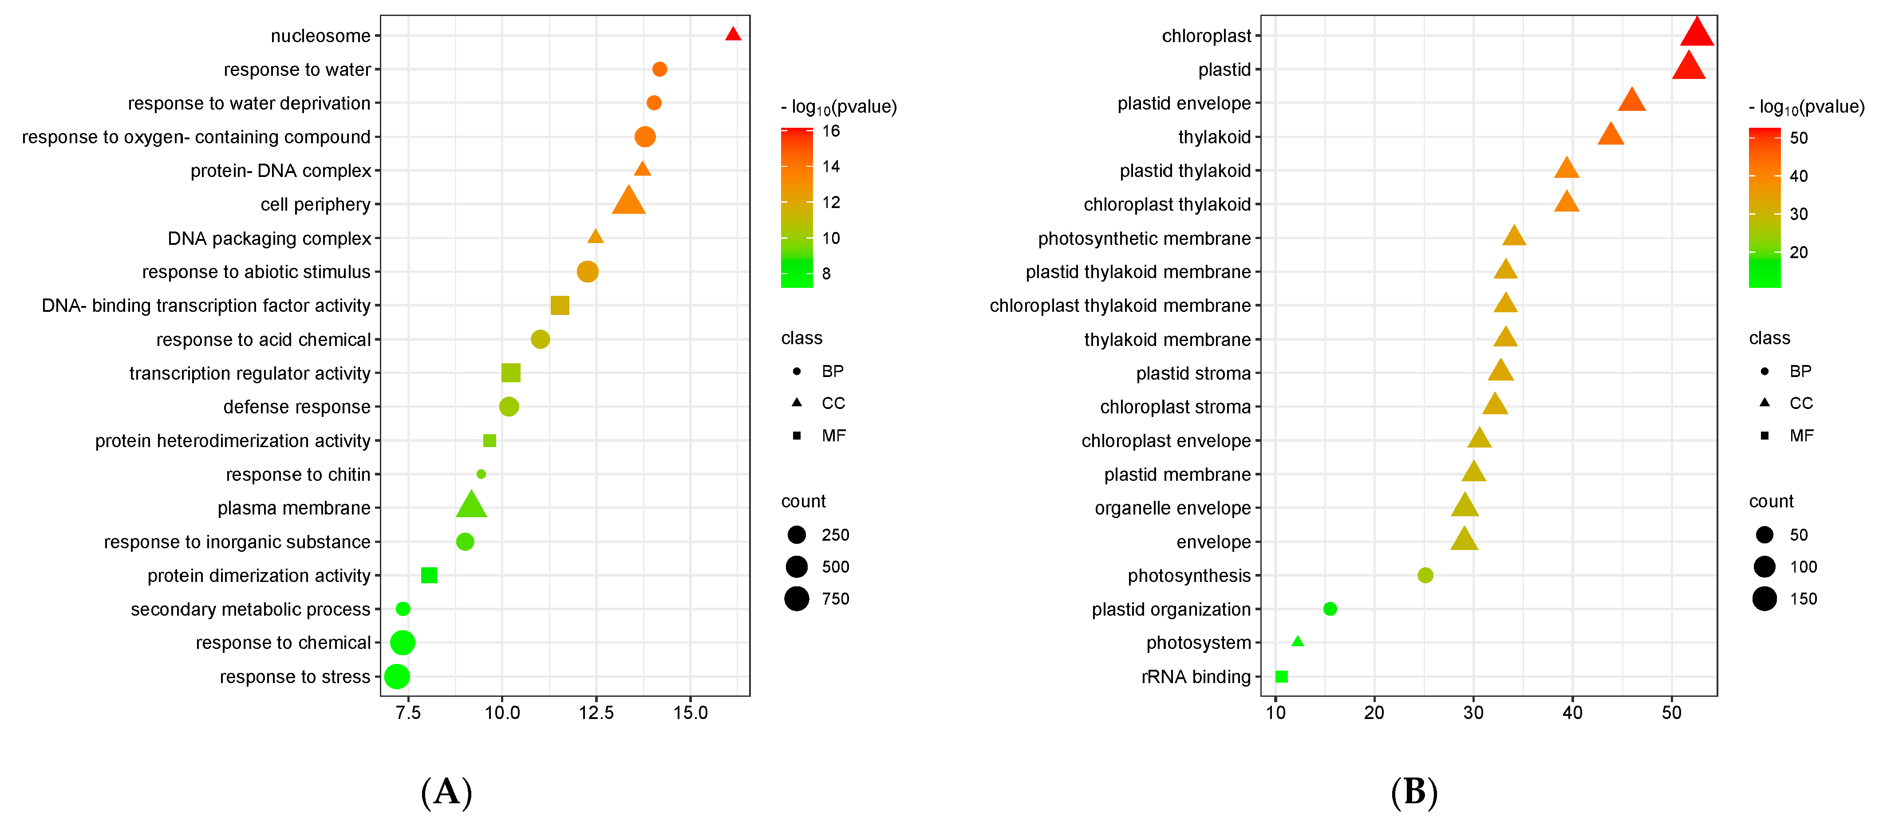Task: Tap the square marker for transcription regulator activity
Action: (510, 373)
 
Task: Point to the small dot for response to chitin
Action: (481, 474)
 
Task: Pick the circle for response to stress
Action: (396, 677)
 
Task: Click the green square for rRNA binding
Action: (1281, 677)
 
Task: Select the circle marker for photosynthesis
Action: (1425, 575)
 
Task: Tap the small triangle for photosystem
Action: (1298, 641)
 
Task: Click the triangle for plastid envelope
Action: (1631, 101)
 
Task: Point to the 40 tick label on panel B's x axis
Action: (1572, 713)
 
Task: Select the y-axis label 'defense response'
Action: (297, 407)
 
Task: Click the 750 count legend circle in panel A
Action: (797, 598)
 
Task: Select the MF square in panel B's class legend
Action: (1765, 436)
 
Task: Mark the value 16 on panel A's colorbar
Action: (831, 132)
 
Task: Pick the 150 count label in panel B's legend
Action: (1803, 599)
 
